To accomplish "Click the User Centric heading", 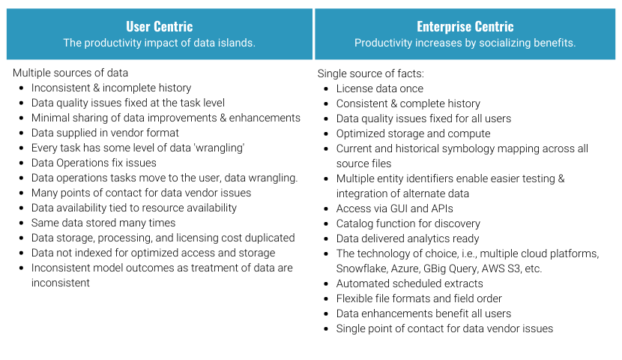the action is [160, 26].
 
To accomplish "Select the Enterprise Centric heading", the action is [465, 26].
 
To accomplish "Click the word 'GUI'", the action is [400, 208].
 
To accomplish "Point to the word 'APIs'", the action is [441, 208].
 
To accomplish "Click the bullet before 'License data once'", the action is [326, 89].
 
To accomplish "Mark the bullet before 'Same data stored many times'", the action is [22, 223].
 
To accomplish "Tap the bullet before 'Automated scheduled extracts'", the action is [326, 283].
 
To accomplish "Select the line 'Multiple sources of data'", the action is [70, 73].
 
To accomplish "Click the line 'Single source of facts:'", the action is [370, 73].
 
